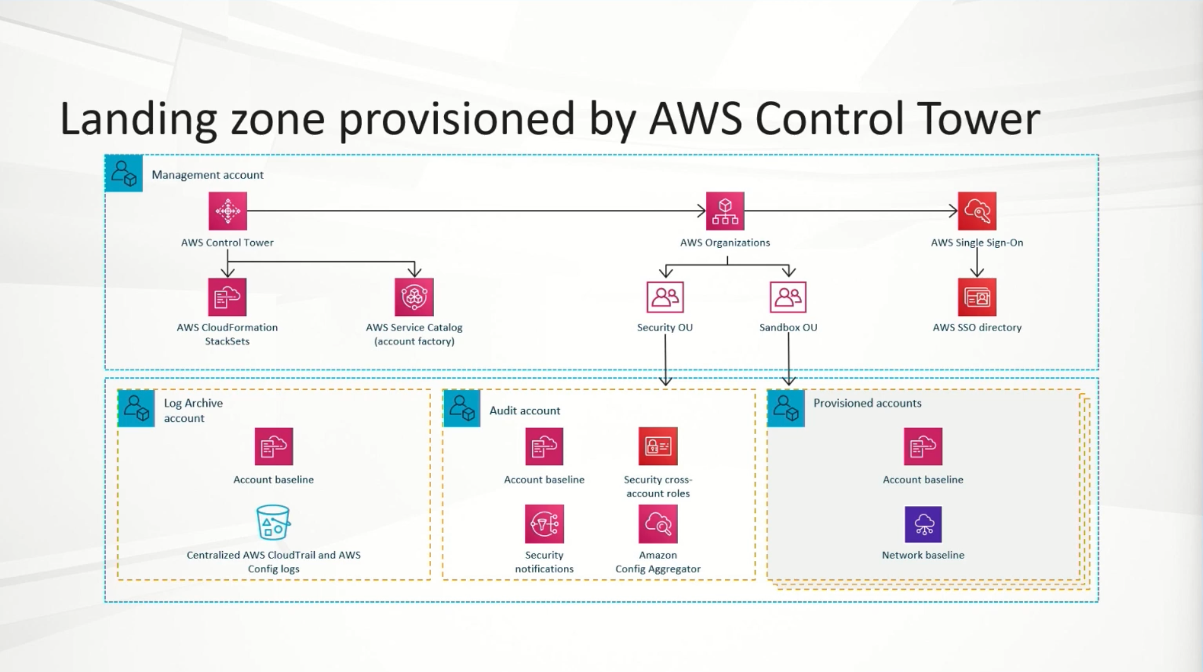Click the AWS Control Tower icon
[227, 211]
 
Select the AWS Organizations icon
[725, 211]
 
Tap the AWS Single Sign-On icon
[977, 211]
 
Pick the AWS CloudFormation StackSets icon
[227, 297]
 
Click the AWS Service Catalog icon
[414, 297]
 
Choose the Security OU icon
[665, 297]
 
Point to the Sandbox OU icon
[788, 297]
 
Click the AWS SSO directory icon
[977, 297]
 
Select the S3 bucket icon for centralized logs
[273, 522]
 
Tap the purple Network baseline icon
[923, 524]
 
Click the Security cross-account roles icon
[658, 446]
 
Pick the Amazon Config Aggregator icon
[658, 524]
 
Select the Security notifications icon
[544, 524]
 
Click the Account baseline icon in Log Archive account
[273, 446]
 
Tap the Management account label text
[208, 175]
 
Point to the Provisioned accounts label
[867, 403]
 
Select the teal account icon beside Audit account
[462, 408]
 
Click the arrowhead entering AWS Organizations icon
[701, 211]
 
